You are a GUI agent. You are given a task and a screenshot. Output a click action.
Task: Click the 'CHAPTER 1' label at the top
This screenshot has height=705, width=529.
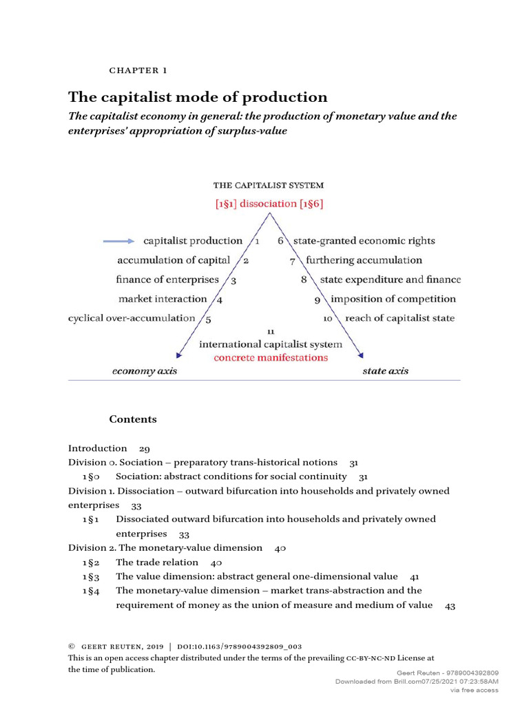138,70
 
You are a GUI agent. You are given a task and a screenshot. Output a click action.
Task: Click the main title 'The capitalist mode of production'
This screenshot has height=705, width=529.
197,96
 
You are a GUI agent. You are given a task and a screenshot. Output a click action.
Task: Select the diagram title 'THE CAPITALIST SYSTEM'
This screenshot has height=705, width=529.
268,185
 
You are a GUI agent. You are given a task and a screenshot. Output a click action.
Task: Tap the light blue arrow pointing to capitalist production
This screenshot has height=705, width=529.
119,241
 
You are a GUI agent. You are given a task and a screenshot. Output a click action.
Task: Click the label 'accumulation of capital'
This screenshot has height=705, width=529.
174,260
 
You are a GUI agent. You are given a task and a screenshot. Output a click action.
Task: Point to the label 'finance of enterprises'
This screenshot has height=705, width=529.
167,280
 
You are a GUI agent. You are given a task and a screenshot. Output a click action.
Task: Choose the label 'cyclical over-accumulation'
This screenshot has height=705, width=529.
132,318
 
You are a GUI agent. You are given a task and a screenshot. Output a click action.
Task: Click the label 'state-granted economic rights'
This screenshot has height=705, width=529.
364,241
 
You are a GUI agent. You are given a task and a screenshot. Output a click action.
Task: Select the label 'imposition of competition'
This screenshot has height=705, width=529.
393,299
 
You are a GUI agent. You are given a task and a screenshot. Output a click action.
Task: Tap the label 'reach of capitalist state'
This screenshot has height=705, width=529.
400,318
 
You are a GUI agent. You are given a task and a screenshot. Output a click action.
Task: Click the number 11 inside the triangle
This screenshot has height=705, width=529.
271,331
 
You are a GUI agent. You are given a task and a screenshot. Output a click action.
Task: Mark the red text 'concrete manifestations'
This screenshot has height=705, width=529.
271,357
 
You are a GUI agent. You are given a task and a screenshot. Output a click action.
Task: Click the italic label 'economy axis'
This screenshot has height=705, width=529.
145,371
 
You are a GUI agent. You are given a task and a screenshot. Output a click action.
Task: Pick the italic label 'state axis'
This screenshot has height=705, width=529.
385,371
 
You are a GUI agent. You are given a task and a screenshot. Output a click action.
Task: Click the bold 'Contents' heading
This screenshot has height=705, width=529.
133,419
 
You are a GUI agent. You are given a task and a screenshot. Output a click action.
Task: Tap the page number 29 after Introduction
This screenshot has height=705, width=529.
145,448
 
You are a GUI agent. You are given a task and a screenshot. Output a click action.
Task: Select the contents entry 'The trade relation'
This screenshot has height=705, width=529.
157,562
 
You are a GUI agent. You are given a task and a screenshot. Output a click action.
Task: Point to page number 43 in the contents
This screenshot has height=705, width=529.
450,605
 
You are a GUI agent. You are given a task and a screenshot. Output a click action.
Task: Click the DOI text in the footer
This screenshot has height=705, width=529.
239,646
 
